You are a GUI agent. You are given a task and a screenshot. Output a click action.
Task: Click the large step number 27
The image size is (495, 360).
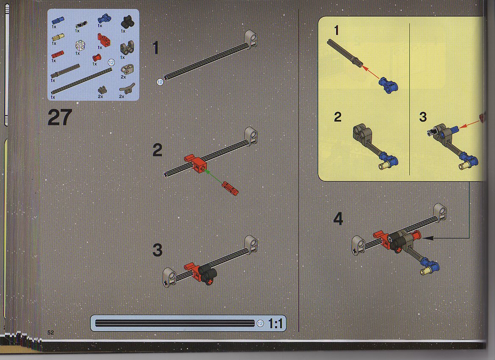[60, 117]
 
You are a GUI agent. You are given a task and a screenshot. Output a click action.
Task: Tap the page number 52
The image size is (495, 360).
[50, 332]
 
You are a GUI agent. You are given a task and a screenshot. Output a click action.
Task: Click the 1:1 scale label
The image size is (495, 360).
[275, 324]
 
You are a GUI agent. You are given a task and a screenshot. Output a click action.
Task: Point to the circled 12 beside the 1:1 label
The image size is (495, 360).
[260, 324]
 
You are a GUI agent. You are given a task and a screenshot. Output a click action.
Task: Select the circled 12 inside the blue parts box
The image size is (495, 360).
[111, 63]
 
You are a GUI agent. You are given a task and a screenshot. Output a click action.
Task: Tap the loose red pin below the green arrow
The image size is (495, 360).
[230, 188]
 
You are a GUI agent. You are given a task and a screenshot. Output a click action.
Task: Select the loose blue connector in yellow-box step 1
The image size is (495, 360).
[388, 85]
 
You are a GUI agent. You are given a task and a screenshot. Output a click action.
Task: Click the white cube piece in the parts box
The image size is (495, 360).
[80, 45]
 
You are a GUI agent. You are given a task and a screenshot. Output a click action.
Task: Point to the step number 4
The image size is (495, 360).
[338, 219]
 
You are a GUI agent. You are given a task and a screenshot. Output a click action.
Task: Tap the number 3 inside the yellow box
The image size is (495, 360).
[423, 117]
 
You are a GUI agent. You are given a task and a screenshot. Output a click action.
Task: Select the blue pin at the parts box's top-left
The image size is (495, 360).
[58, 20]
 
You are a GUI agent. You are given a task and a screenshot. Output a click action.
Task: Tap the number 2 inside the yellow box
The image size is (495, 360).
[337, 117]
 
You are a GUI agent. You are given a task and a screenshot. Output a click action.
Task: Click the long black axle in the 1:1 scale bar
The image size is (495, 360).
[175, 323]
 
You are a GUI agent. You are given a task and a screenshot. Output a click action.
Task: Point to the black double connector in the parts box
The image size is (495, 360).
[127, 22]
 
